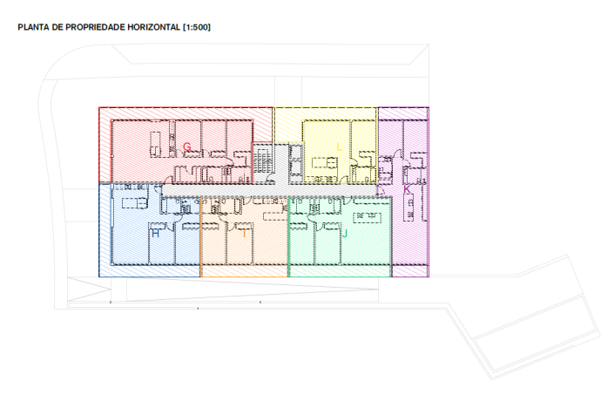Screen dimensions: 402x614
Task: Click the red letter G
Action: [x=186, y=146]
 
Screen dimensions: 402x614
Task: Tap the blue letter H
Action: [x=156, y=234]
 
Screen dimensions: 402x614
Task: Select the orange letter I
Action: [x=245, y=234]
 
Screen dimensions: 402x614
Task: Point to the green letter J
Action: [x=345, y=234]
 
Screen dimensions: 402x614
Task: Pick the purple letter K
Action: [x=406, y=189]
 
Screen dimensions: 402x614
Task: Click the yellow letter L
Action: [x=339, y=146]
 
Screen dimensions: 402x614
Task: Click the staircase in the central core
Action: [x=263, y=163]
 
